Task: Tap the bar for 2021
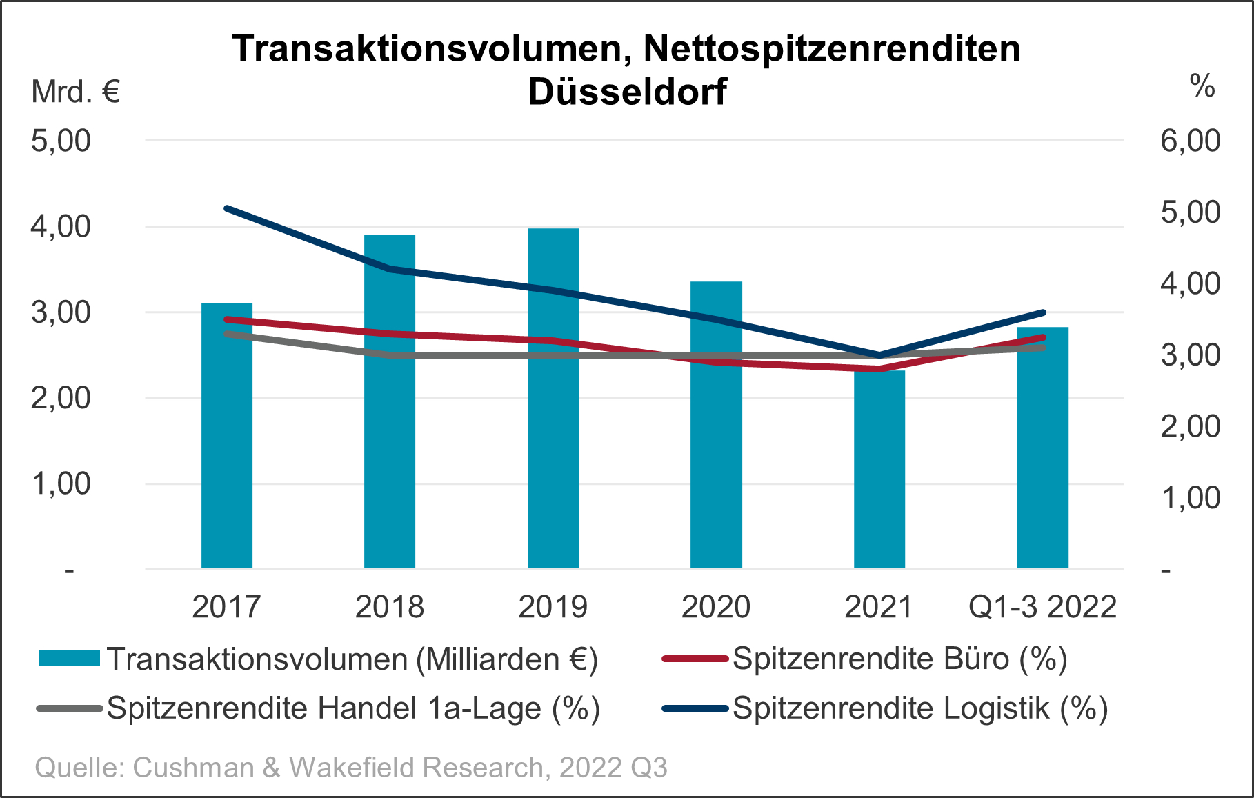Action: tap(879, 483)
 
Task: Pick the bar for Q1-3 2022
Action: tap(1042, 469)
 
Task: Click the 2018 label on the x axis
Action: tap(389, 607)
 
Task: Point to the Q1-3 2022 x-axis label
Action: tap(1042, 607)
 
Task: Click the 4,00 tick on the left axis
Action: tap(61, 226)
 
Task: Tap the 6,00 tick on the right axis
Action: tap(1190, 141)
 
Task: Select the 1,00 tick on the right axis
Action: tap(1190, 498)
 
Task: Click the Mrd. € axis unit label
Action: tap(76, 92)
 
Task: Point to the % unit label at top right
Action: tap(1202, 87)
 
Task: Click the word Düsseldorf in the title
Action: tap(627, 92)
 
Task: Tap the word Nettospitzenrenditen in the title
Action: tap(832, 48)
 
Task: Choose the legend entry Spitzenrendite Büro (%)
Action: tap(899, 659)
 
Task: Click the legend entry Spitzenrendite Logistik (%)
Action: tap(919, 708)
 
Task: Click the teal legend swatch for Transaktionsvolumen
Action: tap(70, 659)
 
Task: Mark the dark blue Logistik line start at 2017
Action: tap(227, 208)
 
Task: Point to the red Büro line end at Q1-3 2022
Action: tap(1042, 337)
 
